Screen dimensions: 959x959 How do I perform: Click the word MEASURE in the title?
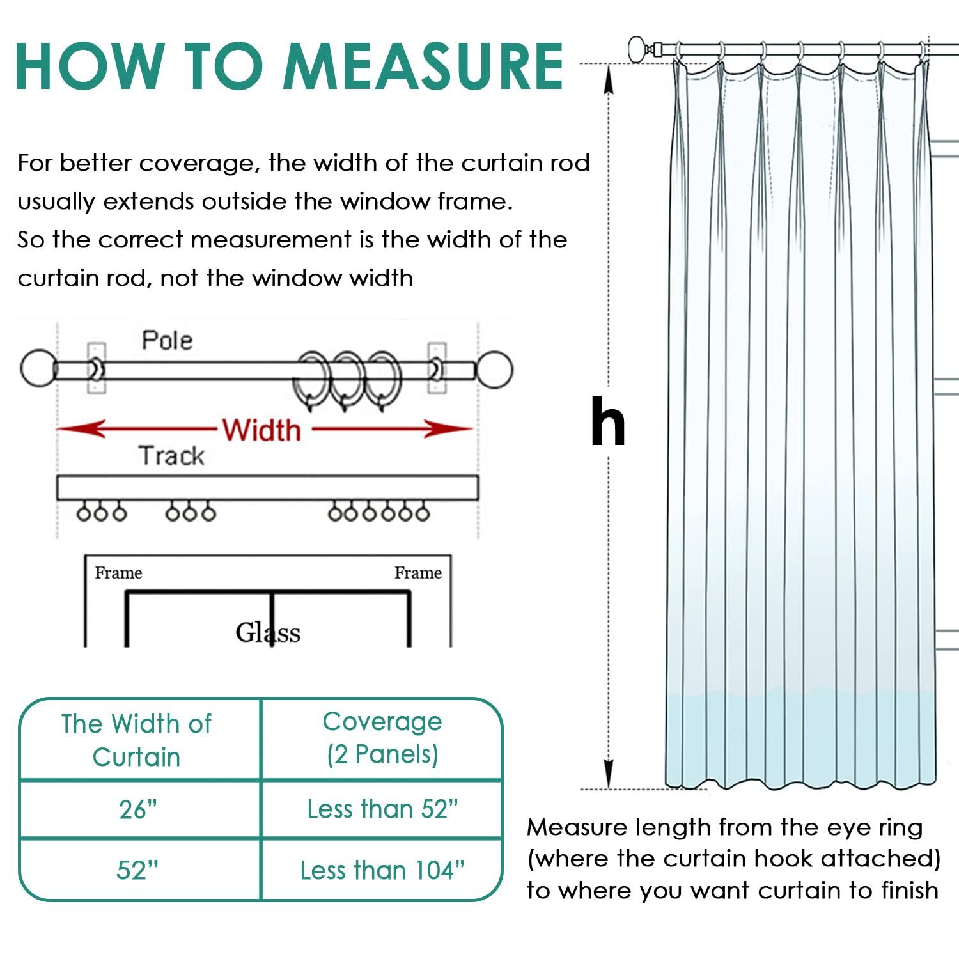point(424,66)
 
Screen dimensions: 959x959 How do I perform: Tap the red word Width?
point(261,430)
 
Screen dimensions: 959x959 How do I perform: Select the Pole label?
point(167,340)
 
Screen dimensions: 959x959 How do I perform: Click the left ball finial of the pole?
point(38,368)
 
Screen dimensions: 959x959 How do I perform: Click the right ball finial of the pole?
point(494,369)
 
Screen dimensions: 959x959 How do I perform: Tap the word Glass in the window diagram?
point(268,633)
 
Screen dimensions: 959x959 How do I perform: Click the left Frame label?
point(118,573)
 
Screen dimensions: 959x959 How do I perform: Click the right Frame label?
point(417,573)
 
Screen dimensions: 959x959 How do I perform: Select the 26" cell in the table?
point(138,809)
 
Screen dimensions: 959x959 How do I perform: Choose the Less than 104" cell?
point(382,870)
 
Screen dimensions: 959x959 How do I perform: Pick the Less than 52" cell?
point(382,809)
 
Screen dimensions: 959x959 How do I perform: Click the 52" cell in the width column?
point(138,870)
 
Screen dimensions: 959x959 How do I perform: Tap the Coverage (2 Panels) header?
point(382,738)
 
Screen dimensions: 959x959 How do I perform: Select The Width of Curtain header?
point(137,740)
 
